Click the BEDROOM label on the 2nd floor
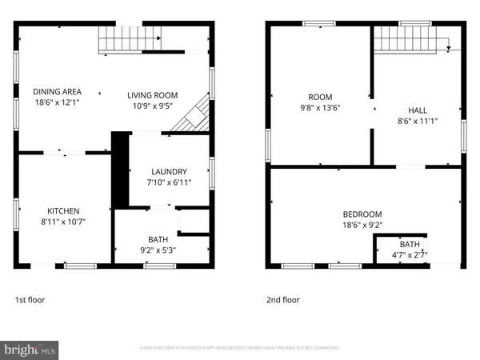click(x=362, y=214)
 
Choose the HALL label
click(x=416, y=111)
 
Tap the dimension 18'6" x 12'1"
click(x=56, y=102)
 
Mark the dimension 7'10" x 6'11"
click(x=169, y=182)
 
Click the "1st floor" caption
click(x=31, y=300)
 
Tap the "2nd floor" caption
click(x=284, y=300)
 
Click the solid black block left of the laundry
click(x=121, y=165)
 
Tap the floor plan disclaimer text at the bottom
click(x=240, y=349)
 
